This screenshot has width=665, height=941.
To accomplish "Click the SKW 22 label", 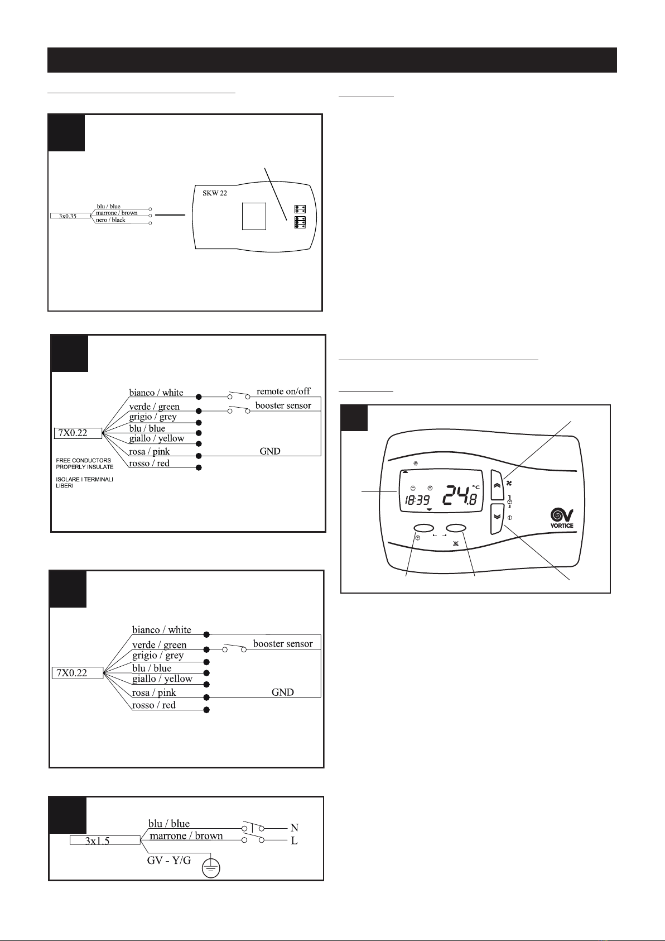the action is point(214,193).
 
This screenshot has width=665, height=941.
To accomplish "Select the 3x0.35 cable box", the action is point(70,216).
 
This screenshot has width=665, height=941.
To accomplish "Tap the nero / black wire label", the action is point(110,219).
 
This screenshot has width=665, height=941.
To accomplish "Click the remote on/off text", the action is point(283,391).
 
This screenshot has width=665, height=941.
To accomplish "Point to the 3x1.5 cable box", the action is point(105,840).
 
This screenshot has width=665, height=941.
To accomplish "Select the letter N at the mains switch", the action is point(294,828).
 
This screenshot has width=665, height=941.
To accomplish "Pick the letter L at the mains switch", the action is point(294,840).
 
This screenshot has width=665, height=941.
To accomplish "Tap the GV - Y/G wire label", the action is point(168,861).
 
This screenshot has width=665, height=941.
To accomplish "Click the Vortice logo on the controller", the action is point(562,518).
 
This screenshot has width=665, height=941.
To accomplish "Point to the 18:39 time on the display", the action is point(417,500).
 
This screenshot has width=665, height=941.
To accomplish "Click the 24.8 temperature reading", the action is point(461,496).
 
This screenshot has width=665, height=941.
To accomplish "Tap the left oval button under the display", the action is point(424,528).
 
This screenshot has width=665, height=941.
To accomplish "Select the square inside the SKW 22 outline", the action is point(254,216).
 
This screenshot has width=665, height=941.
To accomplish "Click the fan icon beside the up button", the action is point(509,483).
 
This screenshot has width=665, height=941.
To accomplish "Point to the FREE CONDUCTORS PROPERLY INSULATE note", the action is point(84,464).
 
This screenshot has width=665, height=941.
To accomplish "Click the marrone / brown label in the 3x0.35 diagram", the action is point(117,213).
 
